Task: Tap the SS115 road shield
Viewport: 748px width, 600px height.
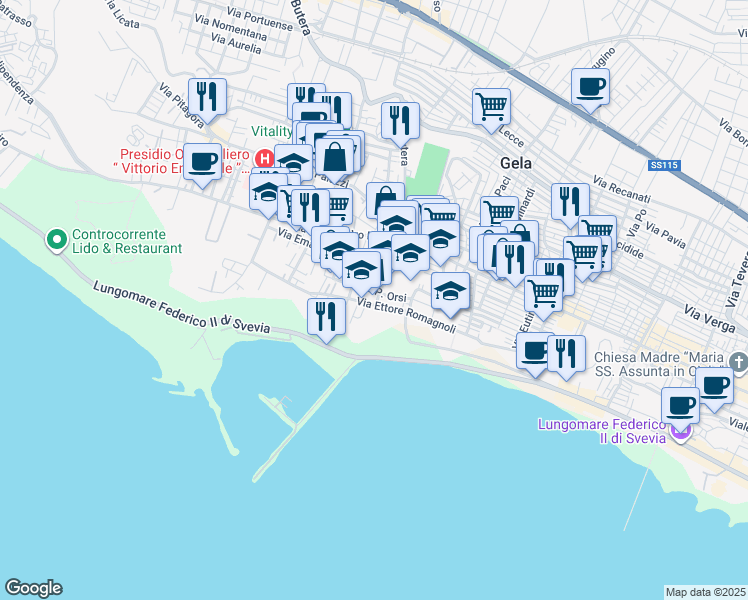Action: click(x=662, y=163)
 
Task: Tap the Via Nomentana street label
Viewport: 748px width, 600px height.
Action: click(x=232, y=33)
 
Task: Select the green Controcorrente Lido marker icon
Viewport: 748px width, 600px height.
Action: click(x=56, y=240)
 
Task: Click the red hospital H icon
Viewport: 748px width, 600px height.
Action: click(x=264, y=158)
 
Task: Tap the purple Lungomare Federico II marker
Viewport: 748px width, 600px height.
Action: click(x=681, y=431)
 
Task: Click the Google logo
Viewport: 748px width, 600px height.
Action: click(x=34, y=588)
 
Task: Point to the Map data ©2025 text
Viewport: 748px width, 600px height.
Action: click(x=705, y=591)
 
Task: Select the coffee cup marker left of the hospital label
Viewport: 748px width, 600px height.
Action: click(x=203, y=162)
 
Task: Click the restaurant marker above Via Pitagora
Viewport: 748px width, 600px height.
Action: click(x=207, y=97)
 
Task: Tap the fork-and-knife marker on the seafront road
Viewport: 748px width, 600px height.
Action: click(x=326, y=316)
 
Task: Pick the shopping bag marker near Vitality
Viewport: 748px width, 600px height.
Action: click(x=335, y=157)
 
